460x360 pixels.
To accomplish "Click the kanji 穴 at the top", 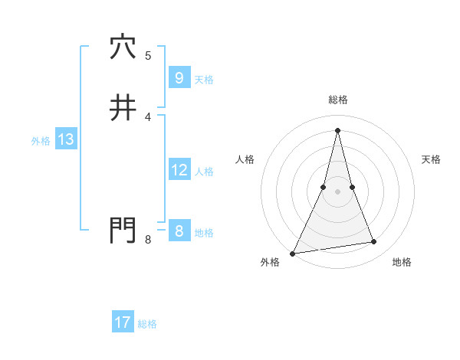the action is (x=123, y=47).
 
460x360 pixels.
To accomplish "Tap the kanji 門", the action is (x=123, y=230).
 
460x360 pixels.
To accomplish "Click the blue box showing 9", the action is (x=179, y=78).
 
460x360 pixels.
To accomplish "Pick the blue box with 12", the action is (x=179, y=170).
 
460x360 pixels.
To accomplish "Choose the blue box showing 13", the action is (x=65, y=139).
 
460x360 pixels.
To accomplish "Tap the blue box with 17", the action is (x=123, y=322).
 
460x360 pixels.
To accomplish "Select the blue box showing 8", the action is (x=179, y=231).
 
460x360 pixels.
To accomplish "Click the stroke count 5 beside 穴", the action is (x=148, y=55).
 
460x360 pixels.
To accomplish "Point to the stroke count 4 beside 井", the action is (x=148, y=116).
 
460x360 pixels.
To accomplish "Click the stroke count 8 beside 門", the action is (x=148, y=240).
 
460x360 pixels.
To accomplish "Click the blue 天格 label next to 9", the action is (x=204, y=79).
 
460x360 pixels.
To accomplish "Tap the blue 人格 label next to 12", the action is (x=204, y=171).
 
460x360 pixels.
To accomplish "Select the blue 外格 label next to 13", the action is (x=41, y=140).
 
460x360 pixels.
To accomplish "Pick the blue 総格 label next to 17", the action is (x=147, y=323).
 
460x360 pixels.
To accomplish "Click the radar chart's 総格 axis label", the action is (x=338, y=100).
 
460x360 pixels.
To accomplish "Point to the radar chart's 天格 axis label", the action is (x=431, y=159).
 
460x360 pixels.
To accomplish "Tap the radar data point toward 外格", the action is (x=293, y=253).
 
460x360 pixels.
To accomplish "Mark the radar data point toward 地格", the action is (x=374, y=242).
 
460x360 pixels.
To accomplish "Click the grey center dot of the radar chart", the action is (x=338, y=191).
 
